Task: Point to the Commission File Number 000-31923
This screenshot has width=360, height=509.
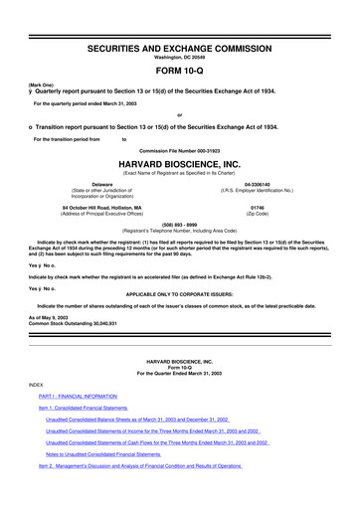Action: [180, 149]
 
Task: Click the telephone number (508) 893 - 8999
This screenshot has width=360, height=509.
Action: [180, 224]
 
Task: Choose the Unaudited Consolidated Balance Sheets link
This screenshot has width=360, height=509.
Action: [137, 448]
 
